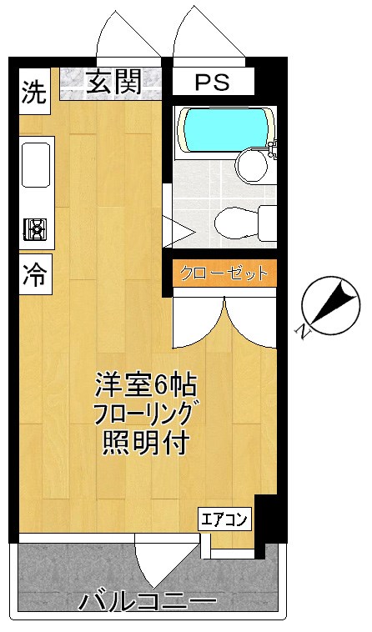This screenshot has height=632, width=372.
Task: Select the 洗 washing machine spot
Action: [x=34, y=92]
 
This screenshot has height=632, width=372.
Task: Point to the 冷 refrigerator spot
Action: [x=34, y=272]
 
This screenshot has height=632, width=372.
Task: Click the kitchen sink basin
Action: [x=37, y=164]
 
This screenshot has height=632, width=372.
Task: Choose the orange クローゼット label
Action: [x=222, y=273]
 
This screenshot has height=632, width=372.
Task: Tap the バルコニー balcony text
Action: [x=148, y=601]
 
